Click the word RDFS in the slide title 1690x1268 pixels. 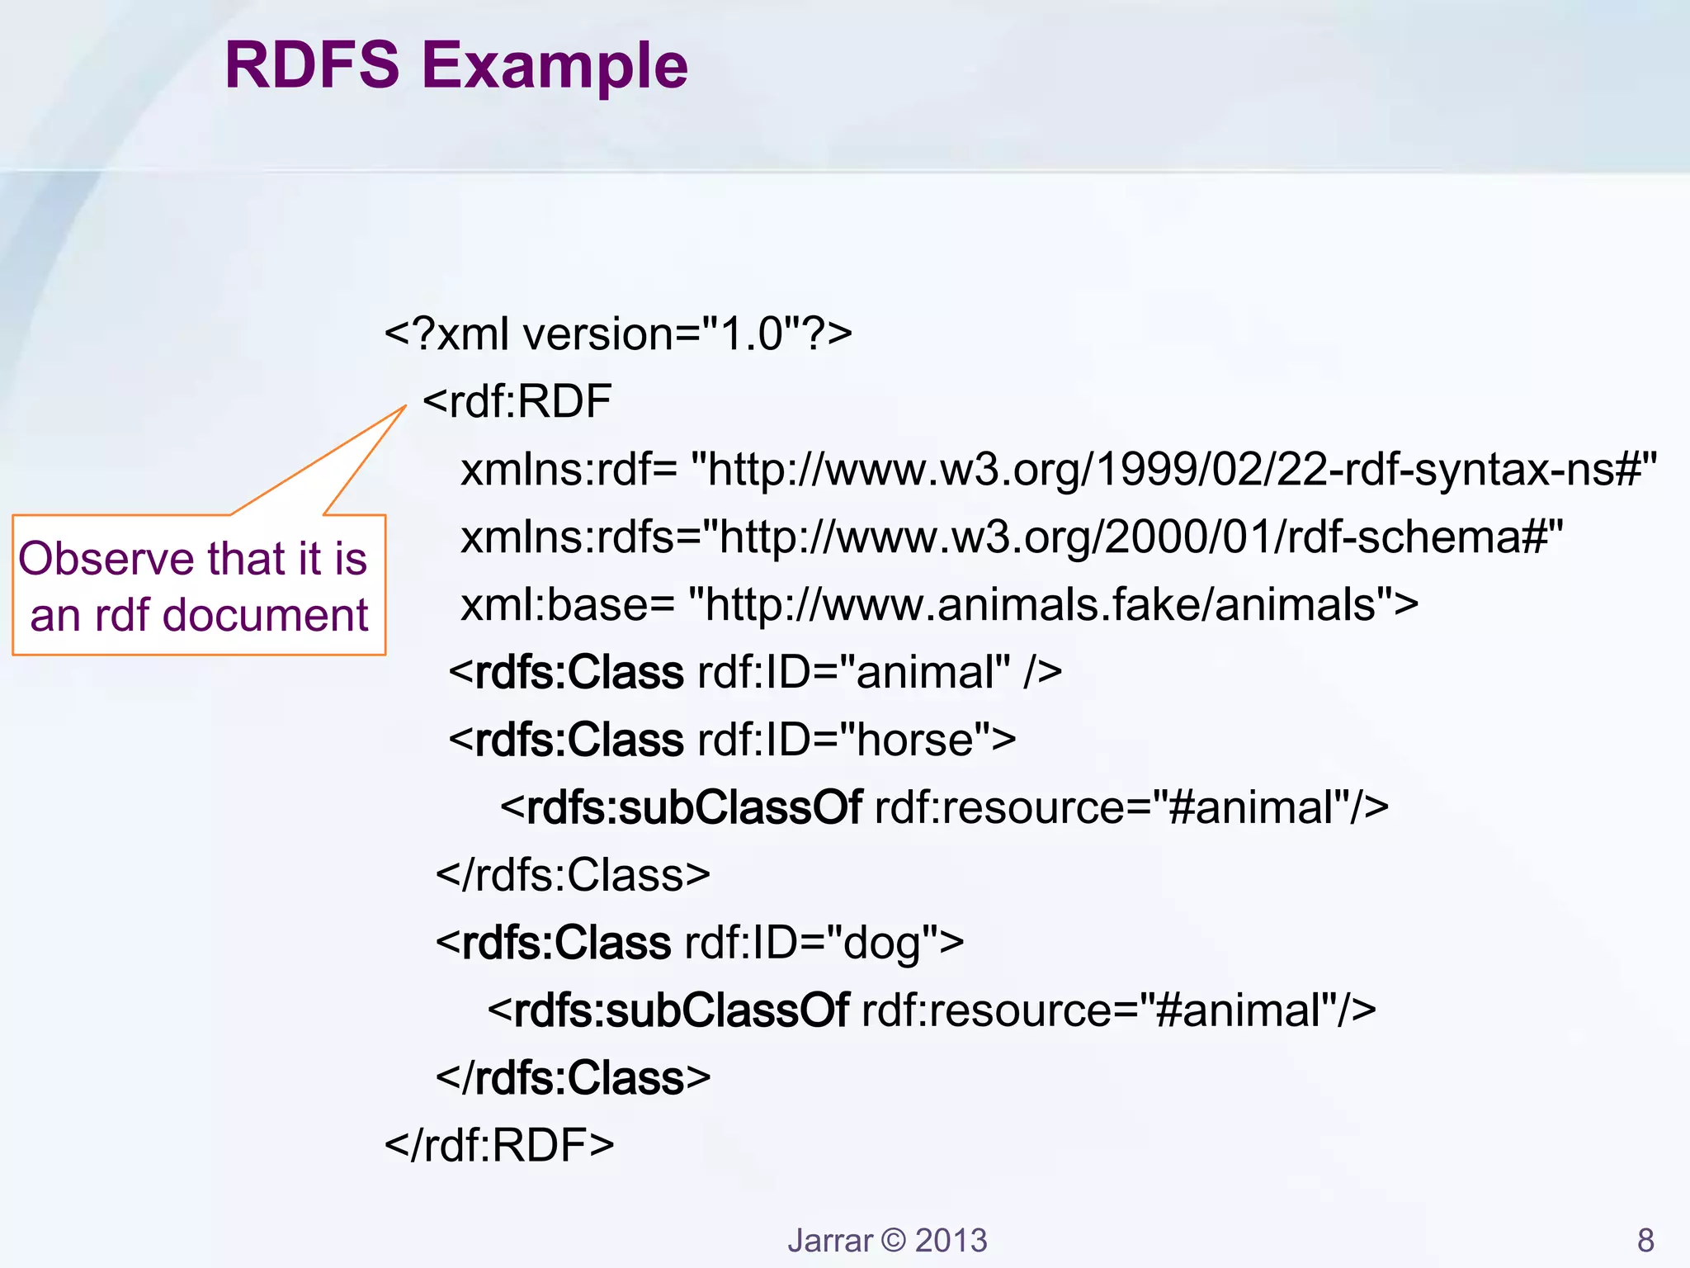click(312, 66)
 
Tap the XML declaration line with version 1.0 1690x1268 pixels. click(617, 334)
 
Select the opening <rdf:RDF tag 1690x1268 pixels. click(517, 402)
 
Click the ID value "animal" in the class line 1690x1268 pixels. click(932, 672)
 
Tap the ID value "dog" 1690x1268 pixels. click(881, 943)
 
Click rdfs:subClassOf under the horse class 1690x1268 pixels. click(694, 807)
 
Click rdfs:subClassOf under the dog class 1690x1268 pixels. click(681, 1010)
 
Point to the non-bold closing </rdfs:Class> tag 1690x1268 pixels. click(573, 875)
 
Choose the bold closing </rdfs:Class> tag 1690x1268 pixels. click(573, 1078)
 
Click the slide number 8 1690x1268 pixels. click(1645, 1240)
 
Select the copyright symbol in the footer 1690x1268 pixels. click(893, 1240)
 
